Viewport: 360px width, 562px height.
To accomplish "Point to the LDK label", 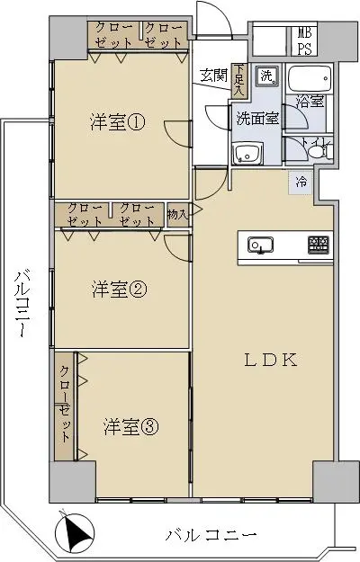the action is (x=271, y=360).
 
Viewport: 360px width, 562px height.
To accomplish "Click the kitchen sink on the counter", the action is (x=260, y=245).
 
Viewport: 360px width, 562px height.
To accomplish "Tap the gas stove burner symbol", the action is (x=319, y=245).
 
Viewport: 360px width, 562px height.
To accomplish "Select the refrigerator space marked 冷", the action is (x=301, y=182).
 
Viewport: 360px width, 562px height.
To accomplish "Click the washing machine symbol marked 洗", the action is (x=267, y=76).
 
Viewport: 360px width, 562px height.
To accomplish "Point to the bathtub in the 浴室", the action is (x=310, y=78).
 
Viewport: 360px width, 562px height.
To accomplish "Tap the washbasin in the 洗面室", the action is (x=247, y=154).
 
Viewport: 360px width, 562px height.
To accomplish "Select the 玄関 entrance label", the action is (x=214, y=76).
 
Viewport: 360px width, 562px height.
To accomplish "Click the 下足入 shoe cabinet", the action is (x=238, y=80).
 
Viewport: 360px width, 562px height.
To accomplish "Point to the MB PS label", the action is (x=304, y=40).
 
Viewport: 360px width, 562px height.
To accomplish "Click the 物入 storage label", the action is (x=177, y=215).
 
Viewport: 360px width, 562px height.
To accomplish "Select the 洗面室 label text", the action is (x=257, y=119).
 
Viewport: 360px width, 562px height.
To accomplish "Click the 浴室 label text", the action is (x=310, y=102).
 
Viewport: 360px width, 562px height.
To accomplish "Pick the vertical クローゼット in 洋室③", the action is (x=65, y=406).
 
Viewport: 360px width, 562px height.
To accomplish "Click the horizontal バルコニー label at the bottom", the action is (x=211, y=535).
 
